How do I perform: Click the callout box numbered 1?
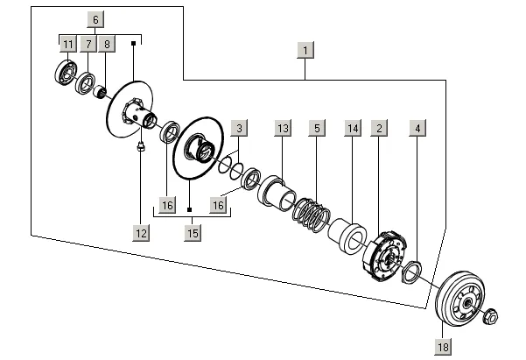305,50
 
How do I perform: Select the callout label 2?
379,129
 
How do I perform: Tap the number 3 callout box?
238,129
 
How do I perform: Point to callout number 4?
418,129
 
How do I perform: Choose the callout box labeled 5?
317,129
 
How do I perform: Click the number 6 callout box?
95,18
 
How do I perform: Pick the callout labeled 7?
88,43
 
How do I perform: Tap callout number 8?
107,43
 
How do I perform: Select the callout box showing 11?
68,43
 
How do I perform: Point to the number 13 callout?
282,129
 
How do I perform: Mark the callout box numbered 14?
353,129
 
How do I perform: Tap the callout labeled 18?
442,348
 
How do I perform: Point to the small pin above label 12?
140,147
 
